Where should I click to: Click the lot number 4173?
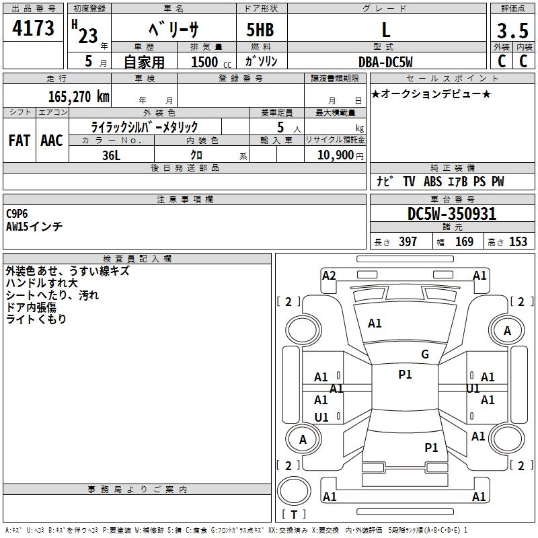34,30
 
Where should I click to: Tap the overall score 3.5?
512,31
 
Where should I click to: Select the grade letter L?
386,30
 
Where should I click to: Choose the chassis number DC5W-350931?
452,215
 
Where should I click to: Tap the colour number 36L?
112,155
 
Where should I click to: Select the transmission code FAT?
20,141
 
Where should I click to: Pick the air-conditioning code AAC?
52,141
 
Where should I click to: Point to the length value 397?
408,242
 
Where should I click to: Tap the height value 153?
517,242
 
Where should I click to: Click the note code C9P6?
17,213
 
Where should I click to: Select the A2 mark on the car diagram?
329,275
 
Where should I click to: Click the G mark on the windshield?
425,354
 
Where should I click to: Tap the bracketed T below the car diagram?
293,514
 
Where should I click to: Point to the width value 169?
464,242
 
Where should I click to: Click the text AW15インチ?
34,227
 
